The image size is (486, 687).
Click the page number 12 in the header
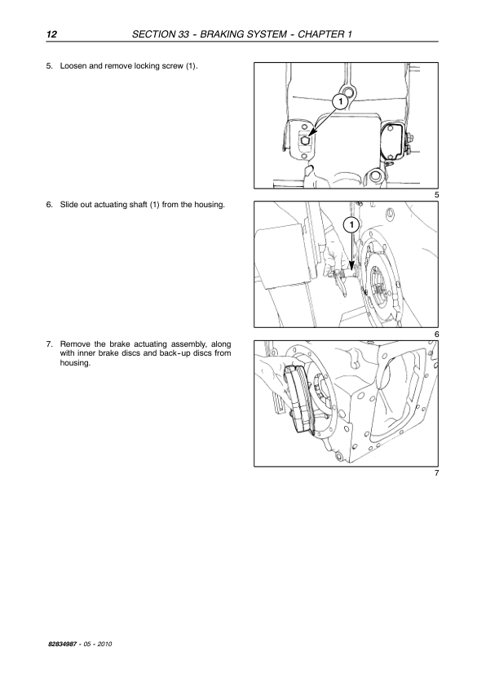click(x=51, y=34)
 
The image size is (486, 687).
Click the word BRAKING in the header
click(x=221, y=34)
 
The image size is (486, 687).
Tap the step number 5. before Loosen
click(x=50, y=66)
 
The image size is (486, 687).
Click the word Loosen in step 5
click(x=73, y=66)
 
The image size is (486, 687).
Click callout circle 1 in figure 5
click(x=340, y=102)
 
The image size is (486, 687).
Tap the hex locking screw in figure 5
click(x=305, y=140)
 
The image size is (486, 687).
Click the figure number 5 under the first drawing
click(x=436, y=195)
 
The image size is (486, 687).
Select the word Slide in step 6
click(x=68, y=205)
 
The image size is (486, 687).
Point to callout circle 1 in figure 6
click(x=351, y=225)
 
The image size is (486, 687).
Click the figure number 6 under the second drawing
click(x=436, y=335)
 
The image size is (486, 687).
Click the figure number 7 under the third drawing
click(x=436, y=473)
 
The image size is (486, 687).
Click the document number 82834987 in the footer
click(x=63, y=644)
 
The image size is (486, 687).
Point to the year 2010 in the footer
click(x=104, y=644)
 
